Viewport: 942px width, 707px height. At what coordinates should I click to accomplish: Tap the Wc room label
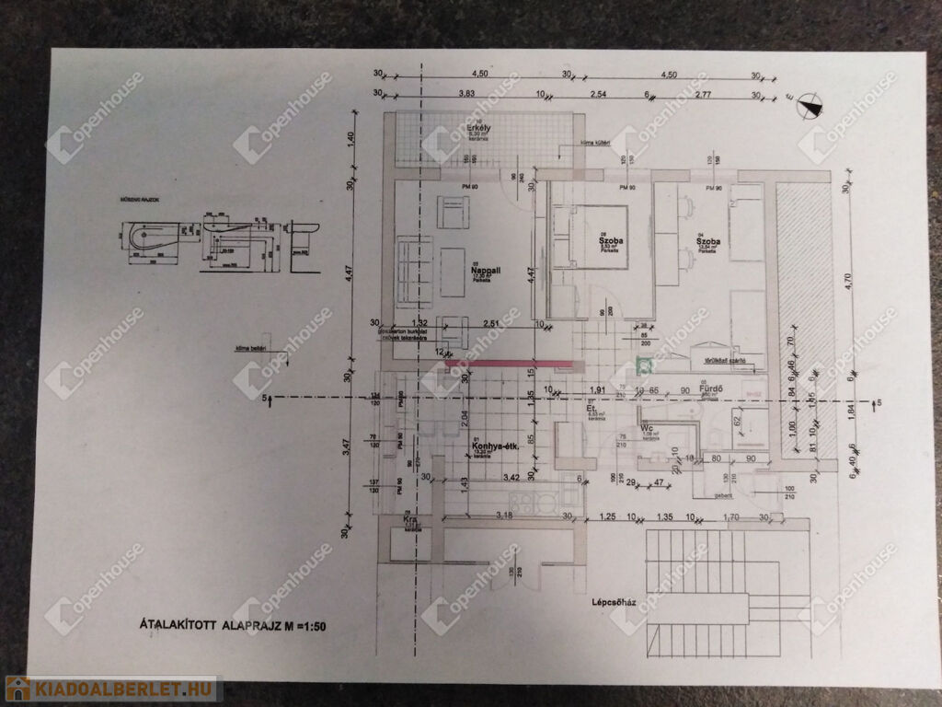point(649,427)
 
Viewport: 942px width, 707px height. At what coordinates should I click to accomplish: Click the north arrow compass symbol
point(808,106)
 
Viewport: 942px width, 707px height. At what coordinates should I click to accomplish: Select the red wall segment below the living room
point(509,364)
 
